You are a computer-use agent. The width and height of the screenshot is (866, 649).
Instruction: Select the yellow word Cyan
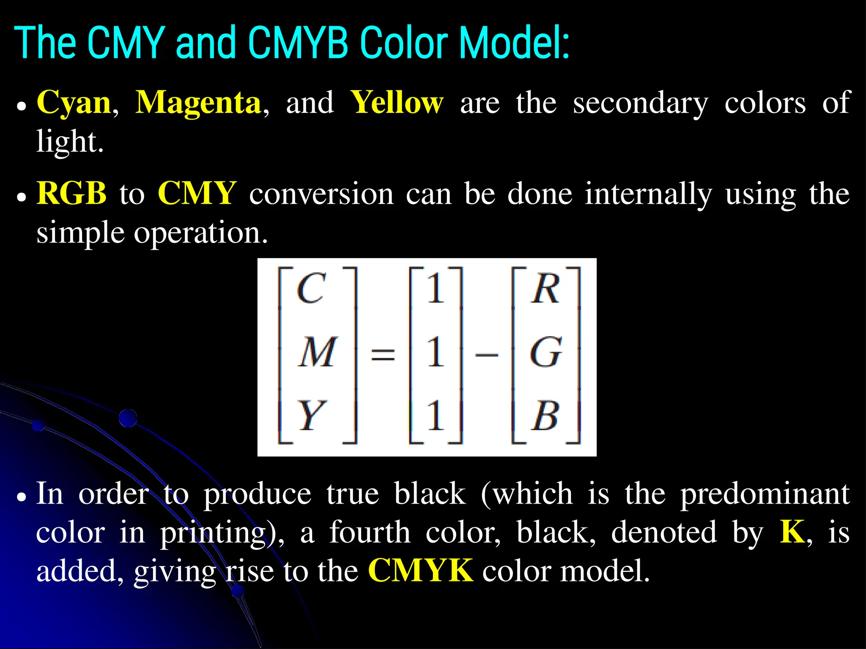pyautogui.click(x=74, y=103)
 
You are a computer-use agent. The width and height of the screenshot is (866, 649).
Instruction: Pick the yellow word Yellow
pyautogui.click(x=397, y=103)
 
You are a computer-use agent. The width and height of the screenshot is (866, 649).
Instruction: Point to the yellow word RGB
pyautogui.click(x=71, y=194)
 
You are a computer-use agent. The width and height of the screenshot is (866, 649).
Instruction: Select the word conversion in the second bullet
pyautogui.click(x=321, y=194)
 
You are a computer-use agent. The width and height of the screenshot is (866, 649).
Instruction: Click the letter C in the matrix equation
pyautogui.click(x=311, y=289)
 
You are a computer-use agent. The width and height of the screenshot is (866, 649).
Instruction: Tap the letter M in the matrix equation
pyautogui.click(x=318, y=352)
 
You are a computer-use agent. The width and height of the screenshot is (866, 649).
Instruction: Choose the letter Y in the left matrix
pyautogui.click(x=311, y=416)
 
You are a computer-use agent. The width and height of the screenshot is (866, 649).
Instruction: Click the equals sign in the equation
pyautogui.click(x=383, y=354)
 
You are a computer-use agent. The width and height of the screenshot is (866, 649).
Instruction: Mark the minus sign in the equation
pyautogui.click(x=487, y=355)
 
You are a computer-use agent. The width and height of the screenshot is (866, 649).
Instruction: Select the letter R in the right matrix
pyautogui.click(x=546, y=289)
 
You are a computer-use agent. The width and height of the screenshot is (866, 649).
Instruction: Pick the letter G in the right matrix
pyautogui.click(x=546, y=352)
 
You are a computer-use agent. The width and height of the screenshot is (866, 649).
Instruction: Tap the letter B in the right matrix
pyautogui.click(x=545, y=416)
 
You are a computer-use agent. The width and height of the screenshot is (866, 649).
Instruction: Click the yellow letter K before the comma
pyautogui.click(x=792, y=532)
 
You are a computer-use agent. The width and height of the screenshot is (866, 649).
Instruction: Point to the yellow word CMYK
pyautogui.click(x=420, y=571)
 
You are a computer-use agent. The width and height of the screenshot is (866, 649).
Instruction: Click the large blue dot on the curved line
pyautogui.click(x=128, y=418)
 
